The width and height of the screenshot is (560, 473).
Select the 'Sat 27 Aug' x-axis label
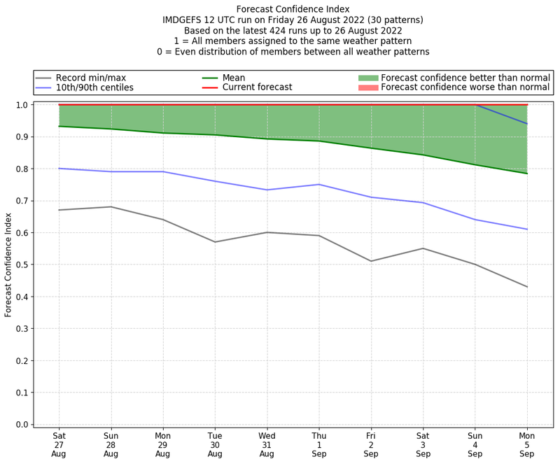(x=59, y=444)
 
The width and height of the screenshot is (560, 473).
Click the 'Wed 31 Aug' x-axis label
(x=267, y=444)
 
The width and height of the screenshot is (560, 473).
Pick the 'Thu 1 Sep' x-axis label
(x=319, y=444)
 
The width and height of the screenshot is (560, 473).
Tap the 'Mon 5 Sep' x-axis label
(x=527, y=444)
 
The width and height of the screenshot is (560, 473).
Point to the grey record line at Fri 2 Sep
(x=371, y=261)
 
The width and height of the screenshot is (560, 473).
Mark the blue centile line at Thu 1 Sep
(x=319, y=185)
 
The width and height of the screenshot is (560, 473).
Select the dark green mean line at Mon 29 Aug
(x=163, y=133)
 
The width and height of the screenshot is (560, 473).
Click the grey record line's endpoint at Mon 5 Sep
(x=527, y=287)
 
